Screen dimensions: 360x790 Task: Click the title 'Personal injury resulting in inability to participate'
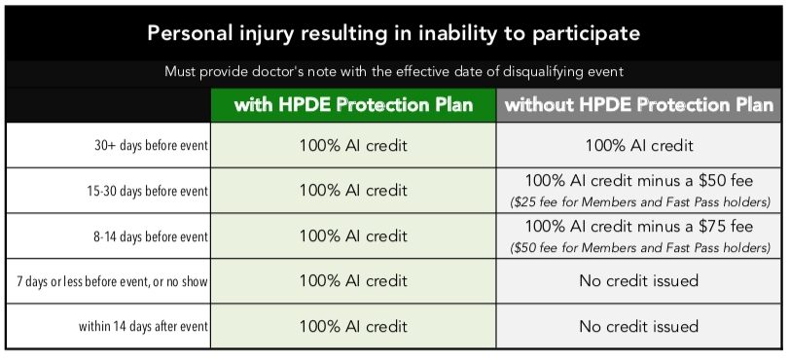click(394, 32)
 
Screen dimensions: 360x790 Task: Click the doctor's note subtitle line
click(394, 72)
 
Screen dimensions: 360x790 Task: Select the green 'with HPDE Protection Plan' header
click(353, 104)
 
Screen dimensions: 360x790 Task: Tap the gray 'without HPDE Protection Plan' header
click(639, 104)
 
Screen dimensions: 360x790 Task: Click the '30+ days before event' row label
click(147, 147)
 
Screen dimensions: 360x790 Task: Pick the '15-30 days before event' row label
click(147, 192)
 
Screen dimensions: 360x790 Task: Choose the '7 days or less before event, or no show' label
click(112, 282)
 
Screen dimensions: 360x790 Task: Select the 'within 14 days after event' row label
click(143, 327)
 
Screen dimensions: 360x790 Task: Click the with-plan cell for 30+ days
click(353, 146)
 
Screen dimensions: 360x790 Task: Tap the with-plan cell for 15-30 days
click(353, 191)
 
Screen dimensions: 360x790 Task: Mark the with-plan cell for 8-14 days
click(353, 235)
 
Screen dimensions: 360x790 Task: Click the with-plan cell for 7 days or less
click(353, 281)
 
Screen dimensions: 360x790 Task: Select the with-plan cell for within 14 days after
click(353, 326)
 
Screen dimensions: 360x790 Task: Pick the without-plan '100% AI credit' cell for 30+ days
click(638, 146)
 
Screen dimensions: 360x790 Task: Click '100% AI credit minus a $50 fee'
click(638, 182)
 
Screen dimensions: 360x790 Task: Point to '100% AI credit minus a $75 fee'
click(638, 227)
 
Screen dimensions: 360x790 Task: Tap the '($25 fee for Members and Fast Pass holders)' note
click(638, 202)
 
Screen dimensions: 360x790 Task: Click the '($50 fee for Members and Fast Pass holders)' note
click(638, 247)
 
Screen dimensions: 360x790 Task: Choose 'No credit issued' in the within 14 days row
click(638, 326)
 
